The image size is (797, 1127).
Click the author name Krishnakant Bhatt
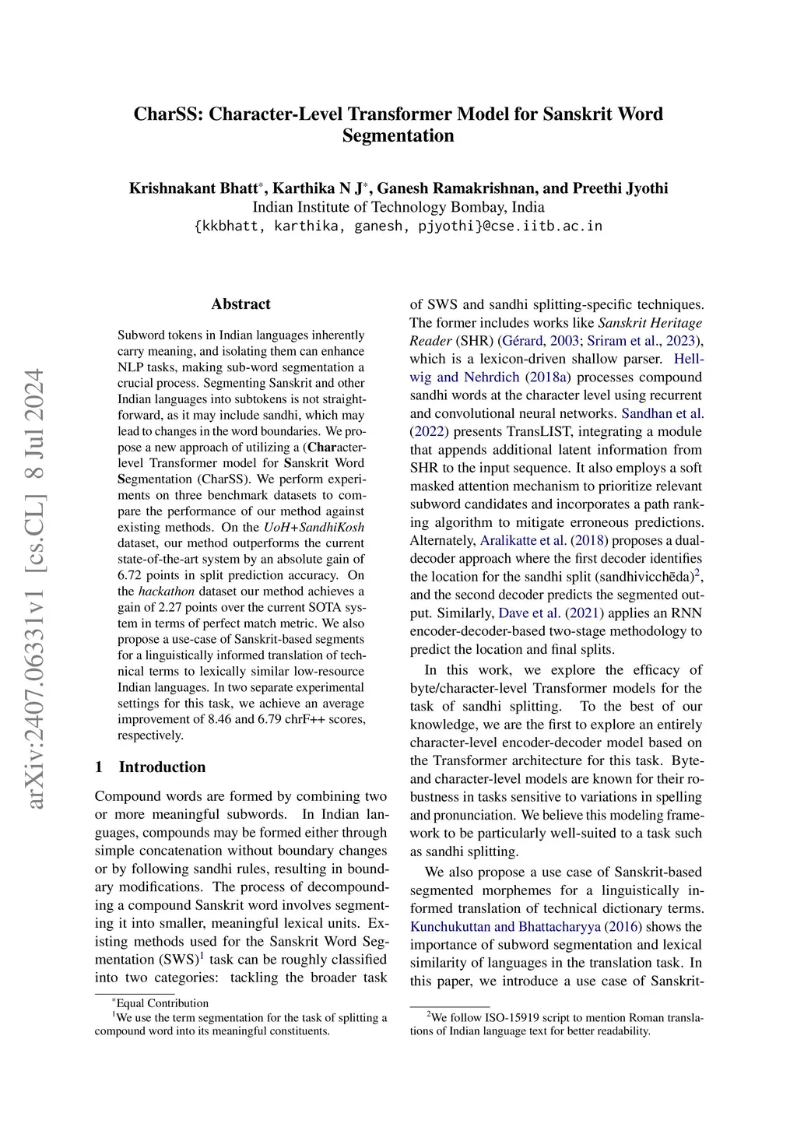[194, 188]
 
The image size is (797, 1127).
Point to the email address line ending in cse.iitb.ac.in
[398, 226]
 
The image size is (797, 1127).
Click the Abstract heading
[241, 304]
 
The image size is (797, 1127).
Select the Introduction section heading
[162, 767]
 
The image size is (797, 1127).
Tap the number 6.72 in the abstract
[131, 575]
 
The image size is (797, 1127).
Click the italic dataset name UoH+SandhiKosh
[314, 527]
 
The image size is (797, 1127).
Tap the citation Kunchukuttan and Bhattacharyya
[505, 927]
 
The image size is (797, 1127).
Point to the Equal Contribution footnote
[162, 1003]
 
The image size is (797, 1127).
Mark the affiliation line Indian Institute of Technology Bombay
[398, 207]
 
